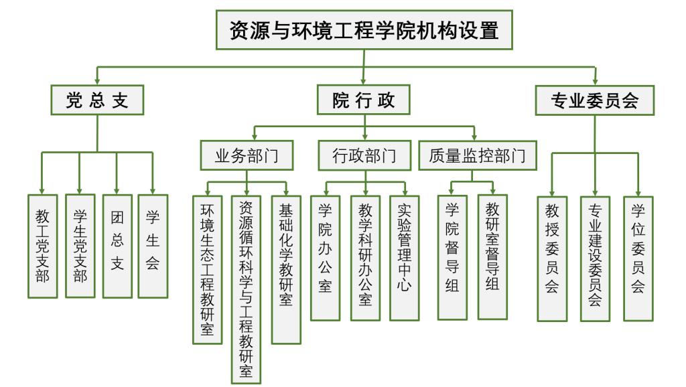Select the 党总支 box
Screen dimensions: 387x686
[x=96, y=100]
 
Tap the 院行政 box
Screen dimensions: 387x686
[x=364, y=100]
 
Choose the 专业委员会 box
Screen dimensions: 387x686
[x=594, y=100]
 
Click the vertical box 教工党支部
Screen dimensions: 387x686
[x=42, y=246]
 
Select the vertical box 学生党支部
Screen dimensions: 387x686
[x=80, y=246]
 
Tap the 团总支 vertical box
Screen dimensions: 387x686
[x=117, y=246]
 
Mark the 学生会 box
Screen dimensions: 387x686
[x=153, y=246]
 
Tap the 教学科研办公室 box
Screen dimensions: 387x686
[x=366, y=258]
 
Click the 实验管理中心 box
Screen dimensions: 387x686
[x=405, y=258]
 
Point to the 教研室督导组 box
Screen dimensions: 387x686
[x=492, y=257]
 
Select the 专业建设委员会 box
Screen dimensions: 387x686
[x=595, y=258]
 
